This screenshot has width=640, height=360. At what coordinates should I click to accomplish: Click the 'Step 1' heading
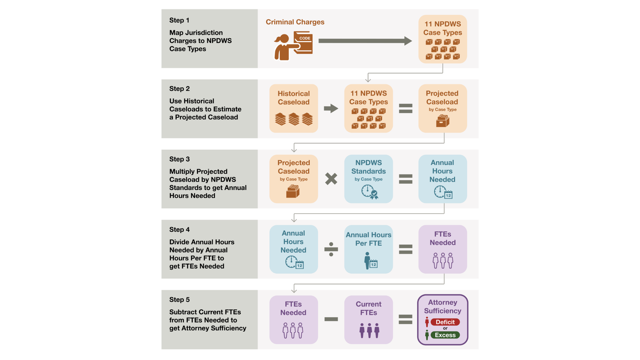179,20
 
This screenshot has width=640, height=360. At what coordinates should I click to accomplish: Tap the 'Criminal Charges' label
295,22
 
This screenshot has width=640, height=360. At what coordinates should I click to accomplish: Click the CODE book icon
303,42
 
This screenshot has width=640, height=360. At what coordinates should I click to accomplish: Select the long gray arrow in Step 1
365,41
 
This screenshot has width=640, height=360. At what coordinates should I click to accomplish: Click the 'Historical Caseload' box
294,108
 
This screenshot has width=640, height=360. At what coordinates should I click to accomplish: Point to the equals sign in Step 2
406,108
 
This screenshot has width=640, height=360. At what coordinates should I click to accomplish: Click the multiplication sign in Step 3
331,179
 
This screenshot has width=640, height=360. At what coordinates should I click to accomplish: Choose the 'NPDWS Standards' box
369,179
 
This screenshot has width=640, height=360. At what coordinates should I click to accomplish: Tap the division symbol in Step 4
331,249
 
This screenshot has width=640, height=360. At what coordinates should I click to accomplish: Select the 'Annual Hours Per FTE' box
369,249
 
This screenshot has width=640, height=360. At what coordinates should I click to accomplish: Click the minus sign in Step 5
331,319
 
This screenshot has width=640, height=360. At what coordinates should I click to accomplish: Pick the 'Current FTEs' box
369,320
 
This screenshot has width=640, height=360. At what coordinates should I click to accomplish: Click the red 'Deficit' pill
445,322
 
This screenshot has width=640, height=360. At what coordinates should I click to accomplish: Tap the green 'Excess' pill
445,335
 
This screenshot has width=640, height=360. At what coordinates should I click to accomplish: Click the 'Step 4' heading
179,230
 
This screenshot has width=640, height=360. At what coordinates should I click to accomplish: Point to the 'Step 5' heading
179,300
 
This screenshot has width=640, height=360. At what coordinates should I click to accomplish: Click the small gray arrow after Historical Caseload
331,108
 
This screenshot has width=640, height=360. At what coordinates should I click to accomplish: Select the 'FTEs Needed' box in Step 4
443,249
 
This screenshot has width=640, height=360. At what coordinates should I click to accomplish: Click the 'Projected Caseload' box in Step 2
443,108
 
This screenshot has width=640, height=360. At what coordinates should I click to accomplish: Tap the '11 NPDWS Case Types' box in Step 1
443,39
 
